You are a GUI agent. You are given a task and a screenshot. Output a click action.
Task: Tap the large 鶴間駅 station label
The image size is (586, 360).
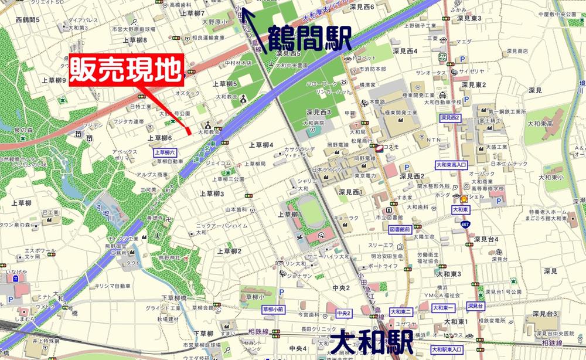pyautogui.click(x=309, y=39)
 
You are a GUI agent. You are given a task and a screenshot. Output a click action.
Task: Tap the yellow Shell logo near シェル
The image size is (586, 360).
pyautogui.click(x=465, y=199)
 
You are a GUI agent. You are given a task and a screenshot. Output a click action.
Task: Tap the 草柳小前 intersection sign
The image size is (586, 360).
pyautogui.click(x=272, y=309)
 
